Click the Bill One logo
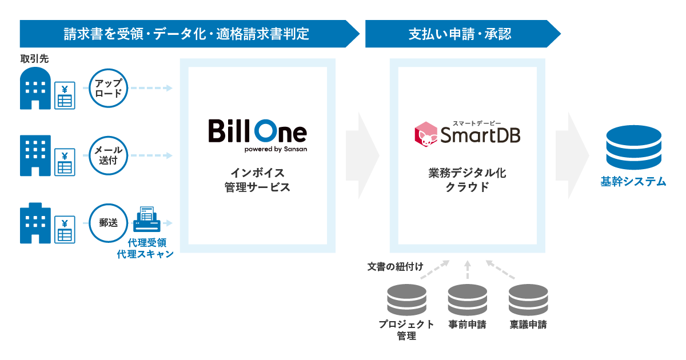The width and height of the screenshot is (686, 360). point(257,135)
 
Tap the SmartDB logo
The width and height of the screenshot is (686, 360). point(467,133)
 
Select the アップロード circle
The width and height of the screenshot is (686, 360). point(108,89)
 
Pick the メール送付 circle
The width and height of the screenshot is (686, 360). point(108,155)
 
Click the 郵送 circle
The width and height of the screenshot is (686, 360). point(108,223)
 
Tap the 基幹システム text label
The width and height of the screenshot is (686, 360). point(633,182)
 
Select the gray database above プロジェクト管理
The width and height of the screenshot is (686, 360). point(406,299)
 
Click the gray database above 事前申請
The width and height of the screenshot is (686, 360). point(467,299)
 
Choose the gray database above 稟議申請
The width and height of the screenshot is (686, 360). point(528,299)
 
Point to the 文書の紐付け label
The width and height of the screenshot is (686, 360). point(395,267)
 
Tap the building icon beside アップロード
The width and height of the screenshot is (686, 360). point(35,89)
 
